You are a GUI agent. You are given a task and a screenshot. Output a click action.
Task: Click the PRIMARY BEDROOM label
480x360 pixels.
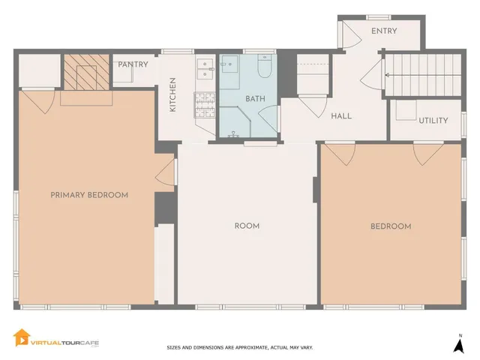pyautogui.click(x=89, y=195)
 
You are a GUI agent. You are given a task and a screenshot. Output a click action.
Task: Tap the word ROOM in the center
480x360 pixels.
pyautogui.click(x=247, y=226)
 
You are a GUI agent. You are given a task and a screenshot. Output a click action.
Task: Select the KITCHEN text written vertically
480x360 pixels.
pyautogui.click(x=172, y=95)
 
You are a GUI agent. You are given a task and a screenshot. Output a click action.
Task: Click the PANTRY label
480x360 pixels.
pyautogui.click(x=133, y=64)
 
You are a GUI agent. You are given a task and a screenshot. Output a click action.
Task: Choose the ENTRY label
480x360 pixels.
pyautogui.click(x=384, y=31)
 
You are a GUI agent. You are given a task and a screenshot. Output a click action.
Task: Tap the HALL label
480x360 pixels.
pyautogui.click(x=341, y=116)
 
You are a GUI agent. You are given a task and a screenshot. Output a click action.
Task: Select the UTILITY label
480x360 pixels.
pyautogui.click(x=433, y=120)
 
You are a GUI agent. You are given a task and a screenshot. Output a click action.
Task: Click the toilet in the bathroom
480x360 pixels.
pyautogui.click(x=264, y=68)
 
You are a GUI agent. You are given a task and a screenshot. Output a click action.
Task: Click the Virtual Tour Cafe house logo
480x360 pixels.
pyautogui.click(x=22, y=339)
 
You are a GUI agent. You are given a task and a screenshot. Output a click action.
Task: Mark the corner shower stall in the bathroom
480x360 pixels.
pyautogui.click(x=236, y=122)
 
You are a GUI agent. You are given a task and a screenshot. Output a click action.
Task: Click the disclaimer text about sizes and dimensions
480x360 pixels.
pyautogui.click(x=239, y=347)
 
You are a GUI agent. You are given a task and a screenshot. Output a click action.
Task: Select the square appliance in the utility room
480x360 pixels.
pyautogui.click(x=406, y=109)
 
